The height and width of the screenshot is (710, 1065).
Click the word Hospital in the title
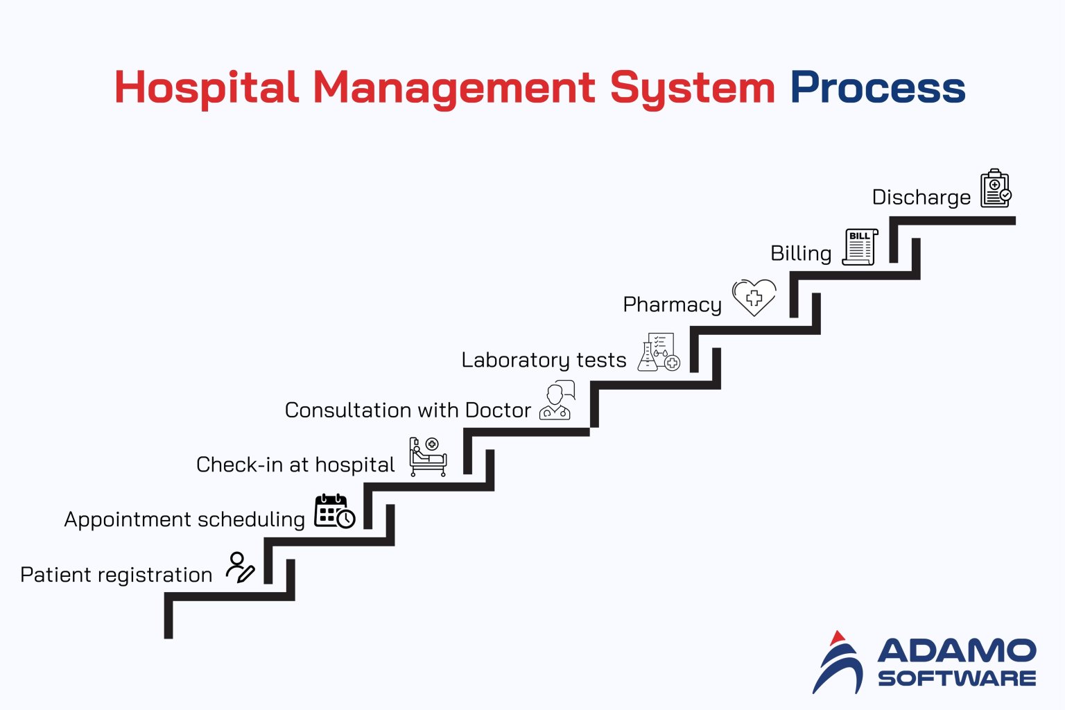(207, 89)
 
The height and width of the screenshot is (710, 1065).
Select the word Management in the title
(453, 89)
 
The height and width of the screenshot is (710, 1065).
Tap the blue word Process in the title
(877, 89)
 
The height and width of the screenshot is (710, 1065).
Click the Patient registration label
(116, 575)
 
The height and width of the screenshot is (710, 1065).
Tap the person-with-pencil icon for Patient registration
(240, 567)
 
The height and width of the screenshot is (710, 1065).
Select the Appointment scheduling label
(184, 519)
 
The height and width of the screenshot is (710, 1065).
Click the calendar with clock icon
(334, 512)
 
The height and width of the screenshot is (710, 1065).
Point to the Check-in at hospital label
(295, 465)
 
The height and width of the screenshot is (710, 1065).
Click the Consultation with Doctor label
(408, 410)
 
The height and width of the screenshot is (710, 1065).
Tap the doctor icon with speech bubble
(557, 401)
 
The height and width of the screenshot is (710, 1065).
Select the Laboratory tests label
(544, 360)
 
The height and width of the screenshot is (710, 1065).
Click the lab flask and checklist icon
(659, 352)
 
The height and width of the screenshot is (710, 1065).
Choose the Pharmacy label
(672, 304)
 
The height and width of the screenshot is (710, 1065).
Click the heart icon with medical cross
(754, 297)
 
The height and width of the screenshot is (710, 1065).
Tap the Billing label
(801, 253)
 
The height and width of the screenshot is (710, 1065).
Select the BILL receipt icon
(860, 247)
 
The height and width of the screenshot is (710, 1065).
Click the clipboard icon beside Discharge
(996, 189)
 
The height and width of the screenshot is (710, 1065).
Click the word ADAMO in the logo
(957, 651)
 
